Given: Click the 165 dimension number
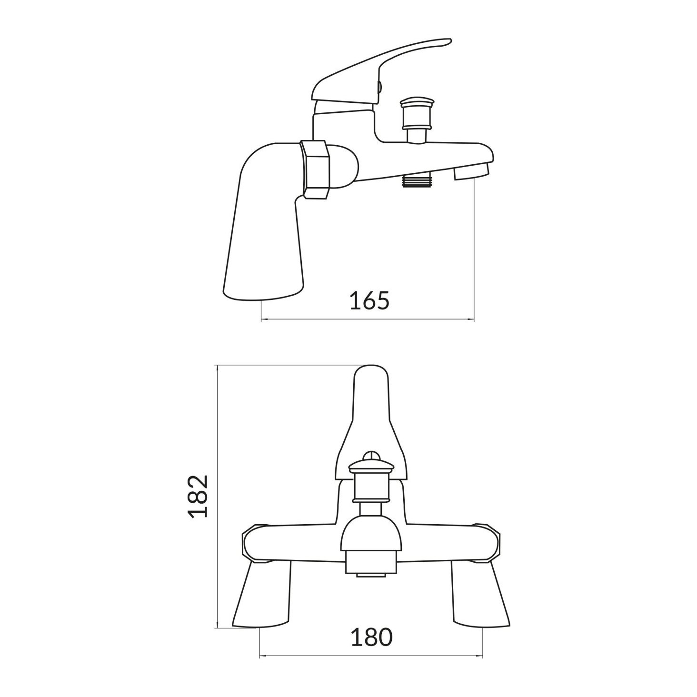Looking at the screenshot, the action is pyautogui.click(x=369, y=300).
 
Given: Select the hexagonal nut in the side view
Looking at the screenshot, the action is pyautogui.click(x=314, y=169).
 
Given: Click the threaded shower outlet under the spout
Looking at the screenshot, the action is pyautogui.click(x=417, y=180).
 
